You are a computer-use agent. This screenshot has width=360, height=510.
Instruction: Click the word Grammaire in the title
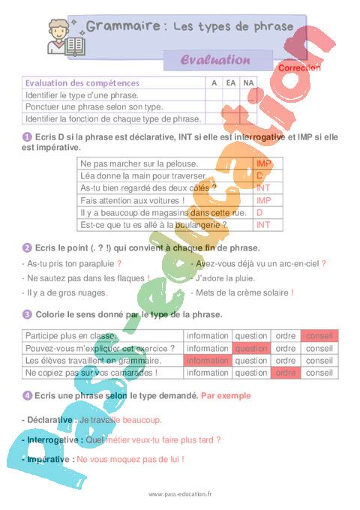pos(123,27)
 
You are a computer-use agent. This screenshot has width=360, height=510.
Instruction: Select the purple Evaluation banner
pos(216,59)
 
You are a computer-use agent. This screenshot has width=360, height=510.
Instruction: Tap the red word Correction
pos(299,68)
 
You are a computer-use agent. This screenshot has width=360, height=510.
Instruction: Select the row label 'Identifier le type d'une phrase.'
pos(82,95)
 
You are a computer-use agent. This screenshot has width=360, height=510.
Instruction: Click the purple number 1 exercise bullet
pos(28,137)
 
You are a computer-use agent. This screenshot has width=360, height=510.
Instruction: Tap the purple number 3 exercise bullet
pos(28,314)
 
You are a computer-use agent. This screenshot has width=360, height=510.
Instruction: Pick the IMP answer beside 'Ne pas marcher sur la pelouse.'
pos(263,163)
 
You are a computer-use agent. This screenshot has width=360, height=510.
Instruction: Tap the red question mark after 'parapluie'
pos(119,264)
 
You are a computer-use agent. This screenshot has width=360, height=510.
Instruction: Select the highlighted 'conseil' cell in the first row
pos(319,336)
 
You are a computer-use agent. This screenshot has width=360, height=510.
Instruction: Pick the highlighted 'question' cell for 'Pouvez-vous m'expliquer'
pos(250,348)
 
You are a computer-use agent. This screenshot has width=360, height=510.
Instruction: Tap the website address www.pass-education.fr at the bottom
pos(181,494)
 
